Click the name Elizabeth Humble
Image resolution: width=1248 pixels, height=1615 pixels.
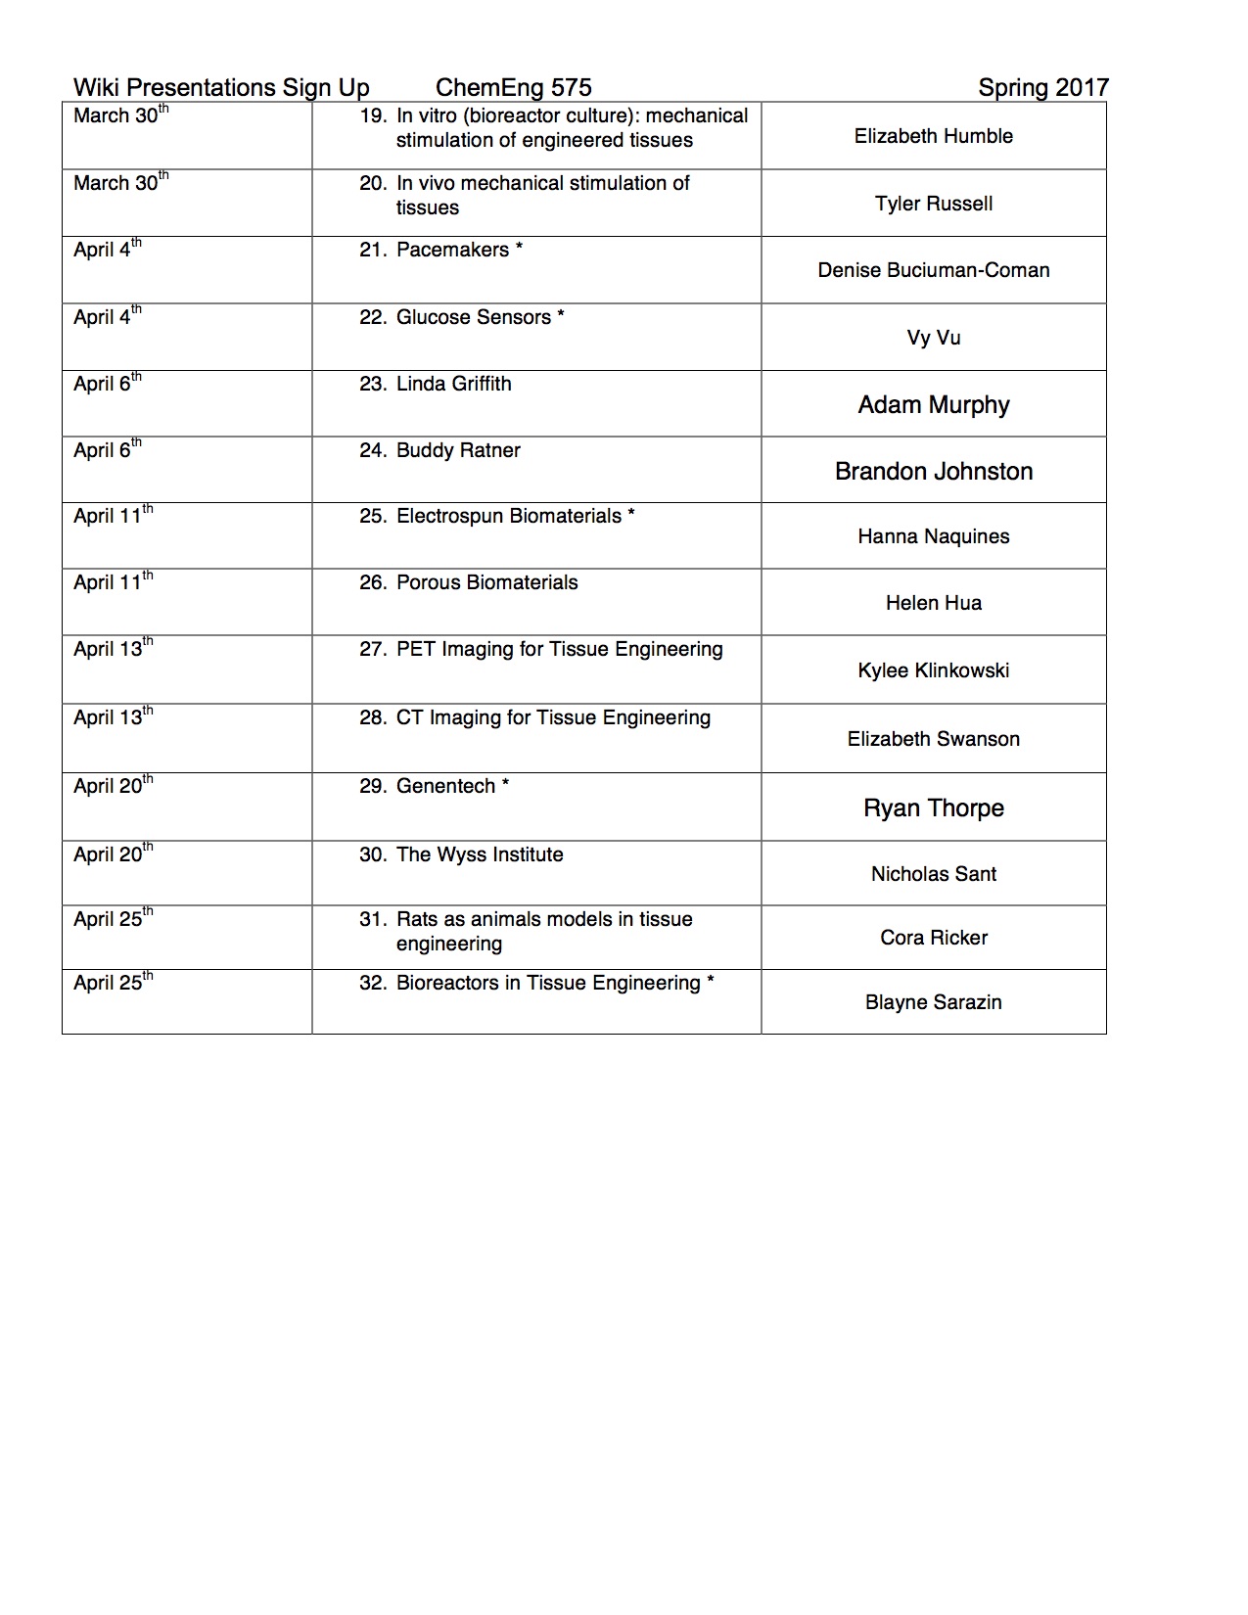[933, 136]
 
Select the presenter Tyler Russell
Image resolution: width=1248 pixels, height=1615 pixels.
[933, 204]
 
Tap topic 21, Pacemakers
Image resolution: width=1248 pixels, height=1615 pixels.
[452, 250]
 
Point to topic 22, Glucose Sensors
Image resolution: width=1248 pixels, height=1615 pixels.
[473, 317]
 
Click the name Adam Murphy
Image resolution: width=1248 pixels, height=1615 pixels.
[933, 405]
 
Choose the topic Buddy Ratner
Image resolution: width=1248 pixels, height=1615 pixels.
[458, 450]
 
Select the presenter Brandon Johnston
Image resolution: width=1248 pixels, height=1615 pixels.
[933, 472]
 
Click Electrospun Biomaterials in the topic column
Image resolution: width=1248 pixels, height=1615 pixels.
[508, 516]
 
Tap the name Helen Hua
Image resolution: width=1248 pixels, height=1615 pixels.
[933, 603]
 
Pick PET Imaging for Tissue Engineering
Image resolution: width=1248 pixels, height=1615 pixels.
[559, 649]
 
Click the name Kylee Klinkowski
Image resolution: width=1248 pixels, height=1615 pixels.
[933, 670]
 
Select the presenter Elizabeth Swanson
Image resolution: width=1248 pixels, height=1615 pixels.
[933, 739]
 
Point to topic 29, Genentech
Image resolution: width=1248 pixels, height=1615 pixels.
[445, 786]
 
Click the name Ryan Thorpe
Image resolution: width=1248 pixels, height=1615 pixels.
[933, 808]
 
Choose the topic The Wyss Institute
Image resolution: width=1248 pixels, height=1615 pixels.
[480, 854]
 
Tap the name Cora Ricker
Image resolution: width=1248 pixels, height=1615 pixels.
[933, 938]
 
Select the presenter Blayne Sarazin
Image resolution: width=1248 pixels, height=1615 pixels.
[933, 1002]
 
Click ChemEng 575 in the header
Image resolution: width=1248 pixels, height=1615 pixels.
[513, 88]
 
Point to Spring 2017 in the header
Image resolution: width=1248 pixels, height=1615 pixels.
[1042, 88]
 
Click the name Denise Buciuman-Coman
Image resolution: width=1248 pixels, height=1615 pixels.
[933, 270]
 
